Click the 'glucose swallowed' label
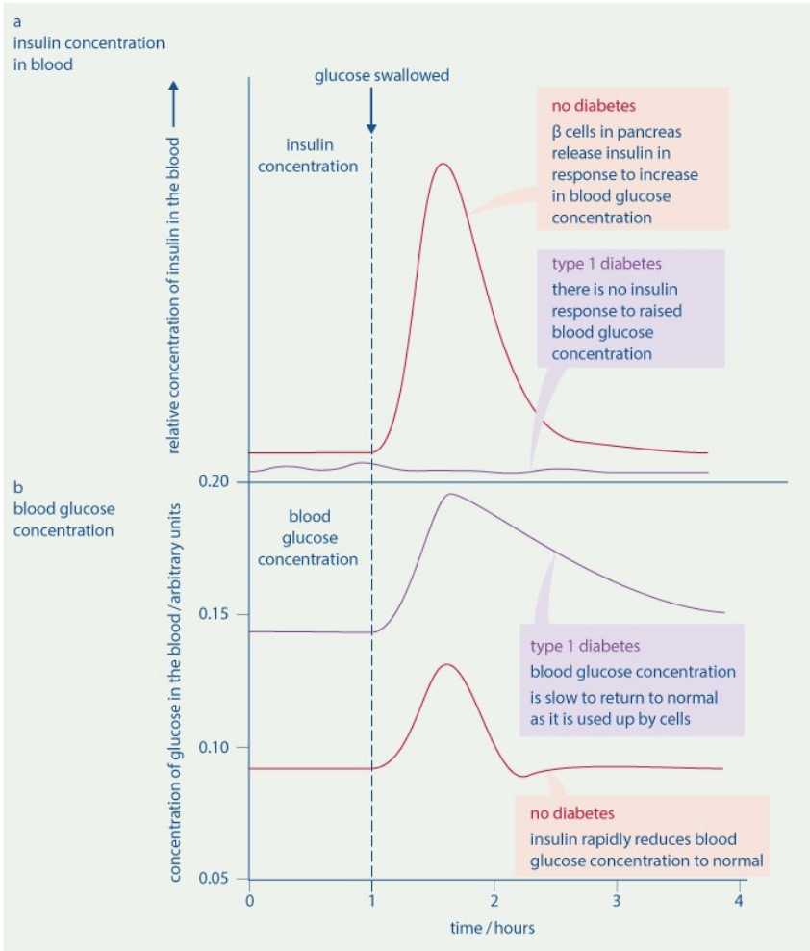[382, 75]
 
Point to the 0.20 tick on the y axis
[215, 481]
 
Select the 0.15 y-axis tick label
[215, 614]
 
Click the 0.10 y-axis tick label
[215, 747]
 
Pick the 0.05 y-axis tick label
[215, 879]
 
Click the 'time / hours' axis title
[493, 928]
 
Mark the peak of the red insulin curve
[442, 164]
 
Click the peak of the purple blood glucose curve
[448, 494]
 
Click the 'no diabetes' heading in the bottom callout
[572, 813]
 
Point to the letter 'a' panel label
[17, 18]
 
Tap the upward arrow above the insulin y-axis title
[174, 101]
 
